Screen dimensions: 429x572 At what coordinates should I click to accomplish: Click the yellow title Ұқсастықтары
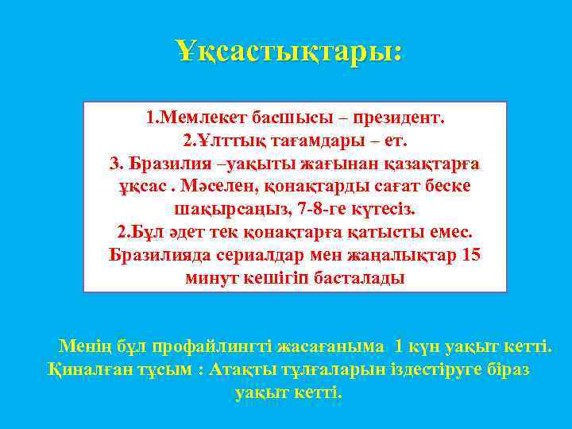tap(290, 52)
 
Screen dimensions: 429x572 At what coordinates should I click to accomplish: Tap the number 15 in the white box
tap(471, 255)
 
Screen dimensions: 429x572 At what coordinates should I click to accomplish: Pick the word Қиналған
tap(85, 369)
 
